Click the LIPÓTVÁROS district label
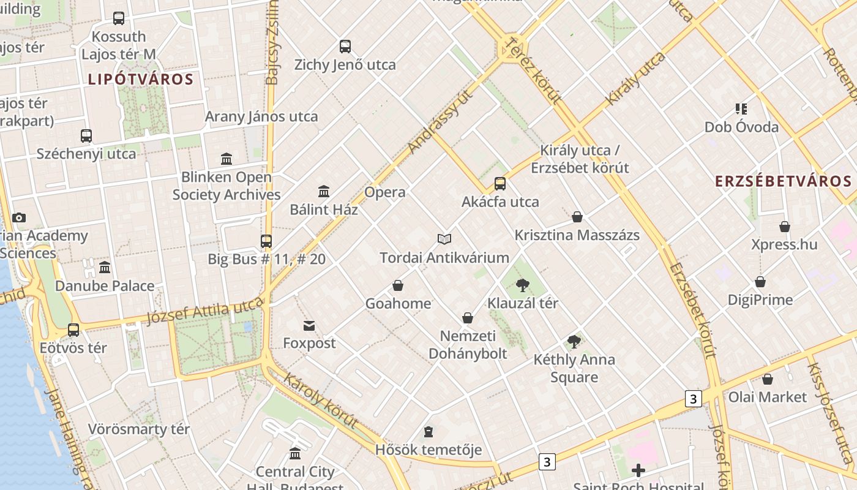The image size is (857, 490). [x=141, y=79]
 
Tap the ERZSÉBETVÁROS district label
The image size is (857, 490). [x=784, y=181]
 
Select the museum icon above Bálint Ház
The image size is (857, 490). [x=324, y=191]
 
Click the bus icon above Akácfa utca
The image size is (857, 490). [x=500, y=183]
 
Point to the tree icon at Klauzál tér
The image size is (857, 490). [x=523, y=285]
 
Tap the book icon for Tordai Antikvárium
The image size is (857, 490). [x=444, y=239]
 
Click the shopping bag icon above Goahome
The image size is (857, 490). [x=398, y=285]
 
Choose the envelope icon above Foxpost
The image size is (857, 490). [x=309, y=325]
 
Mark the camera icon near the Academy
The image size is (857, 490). [x=19, y=217]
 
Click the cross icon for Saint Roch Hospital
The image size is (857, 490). [x=638, y=470]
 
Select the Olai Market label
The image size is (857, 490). [x=768, y=397]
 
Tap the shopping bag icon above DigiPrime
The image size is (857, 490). [x=760, y=282]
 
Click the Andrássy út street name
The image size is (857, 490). [x=441, y=122]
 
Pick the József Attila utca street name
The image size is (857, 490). [x=205, y=311]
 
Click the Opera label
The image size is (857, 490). [x=384, y=192]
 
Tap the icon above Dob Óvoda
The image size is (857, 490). [x=741, y=109]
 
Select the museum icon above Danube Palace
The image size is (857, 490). [x=105, y=267]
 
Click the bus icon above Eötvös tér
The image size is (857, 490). [x=73, y=330]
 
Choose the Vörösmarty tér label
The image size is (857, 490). [x=139, y=429]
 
